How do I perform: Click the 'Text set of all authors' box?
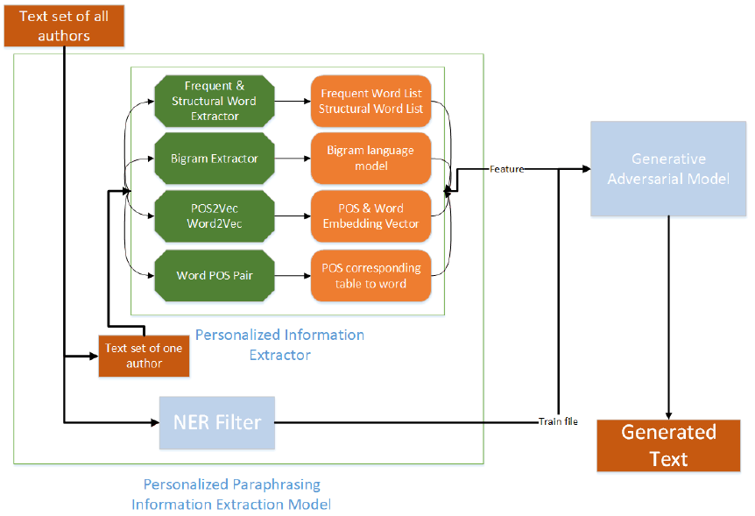tap(65, 25)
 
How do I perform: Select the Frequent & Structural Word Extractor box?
tap(214, 100)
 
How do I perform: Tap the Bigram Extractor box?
tap(214, 159)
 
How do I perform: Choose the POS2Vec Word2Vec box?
tap(214, 216)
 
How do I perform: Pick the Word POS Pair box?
tap(214, 275)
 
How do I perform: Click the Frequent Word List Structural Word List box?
tap(371, 100)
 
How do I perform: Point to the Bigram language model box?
tap(371, 159)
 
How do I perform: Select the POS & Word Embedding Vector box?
tap(371, 216)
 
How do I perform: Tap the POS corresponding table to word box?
tap(371, 275)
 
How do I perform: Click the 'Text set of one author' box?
tap(143, 356)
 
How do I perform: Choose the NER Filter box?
tap(216, 422)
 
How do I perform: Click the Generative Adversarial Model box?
tap(668, 169)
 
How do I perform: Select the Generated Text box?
tap(668, 445)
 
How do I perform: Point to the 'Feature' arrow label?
tap(506, 169)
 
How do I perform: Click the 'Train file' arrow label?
tap(557, 422)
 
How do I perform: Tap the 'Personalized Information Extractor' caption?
tap(279, 345)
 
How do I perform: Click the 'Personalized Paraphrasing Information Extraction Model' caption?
tap(231, 494)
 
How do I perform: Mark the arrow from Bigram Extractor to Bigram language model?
tap(292, 159)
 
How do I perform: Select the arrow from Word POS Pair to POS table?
tap(292, 275)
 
